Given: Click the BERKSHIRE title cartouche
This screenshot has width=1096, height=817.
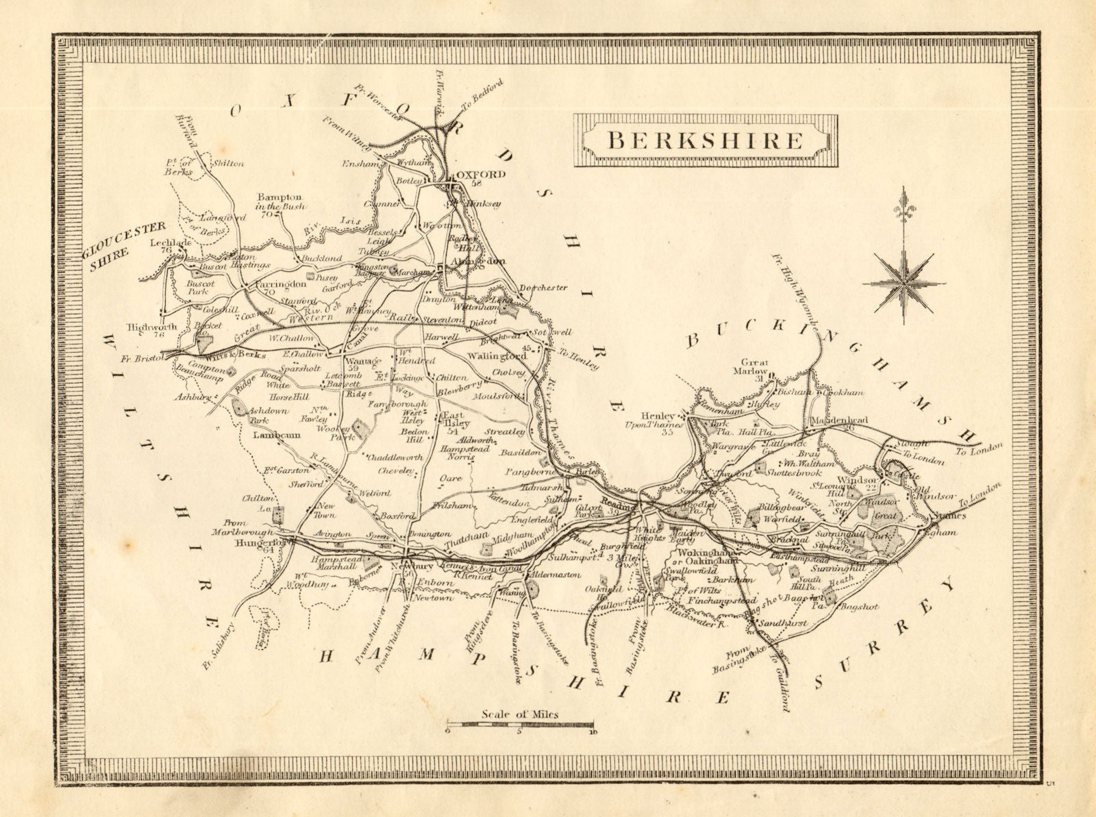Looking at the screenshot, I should click(705, 140).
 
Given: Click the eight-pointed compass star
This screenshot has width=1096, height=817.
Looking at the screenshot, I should click(904, 279).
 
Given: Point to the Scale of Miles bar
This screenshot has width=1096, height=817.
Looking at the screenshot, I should click(521, 724).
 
